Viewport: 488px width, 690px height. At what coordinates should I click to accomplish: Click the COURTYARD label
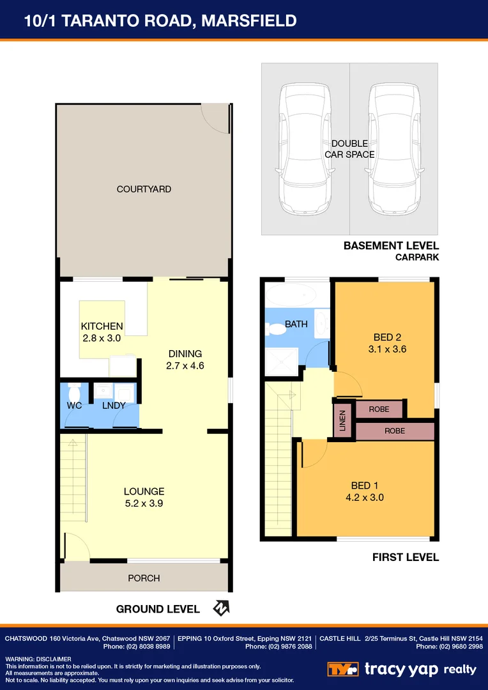[144, 189]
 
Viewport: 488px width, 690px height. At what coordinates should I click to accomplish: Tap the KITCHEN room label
[102, 326]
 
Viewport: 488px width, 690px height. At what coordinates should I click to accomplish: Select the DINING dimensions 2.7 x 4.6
[185, 366]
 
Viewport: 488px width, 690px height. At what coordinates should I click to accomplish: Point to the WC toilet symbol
[74, 391]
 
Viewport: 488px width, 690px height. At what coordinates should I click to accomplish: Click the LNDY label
[114, 406]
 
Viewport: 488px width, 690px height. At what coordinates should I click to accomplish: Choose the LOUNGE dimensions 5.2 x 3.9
[144, 503]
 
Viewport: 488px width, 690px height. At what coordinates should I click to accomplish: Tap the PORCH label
[144, 578]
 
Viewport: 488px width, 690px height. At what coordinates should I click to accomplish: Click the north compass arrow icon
[221, 608]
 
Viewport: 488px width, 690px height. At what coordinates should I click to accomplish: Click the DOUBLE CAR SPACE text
[349, 149]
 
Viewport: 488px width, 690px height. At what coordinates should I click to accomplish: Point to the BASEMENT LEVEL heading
[391, 245]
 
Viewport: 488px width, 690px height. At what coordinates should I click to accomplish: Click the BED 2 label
[387, 337]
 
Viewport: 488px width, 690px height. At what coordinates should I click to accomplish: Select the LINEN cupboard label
[343, 421]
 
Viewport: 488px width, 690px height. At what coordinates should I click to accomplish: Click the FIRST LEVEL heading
[406, 557]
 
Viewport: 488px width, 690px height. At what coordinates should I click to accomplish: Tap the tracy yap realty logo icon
[344, 670]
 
